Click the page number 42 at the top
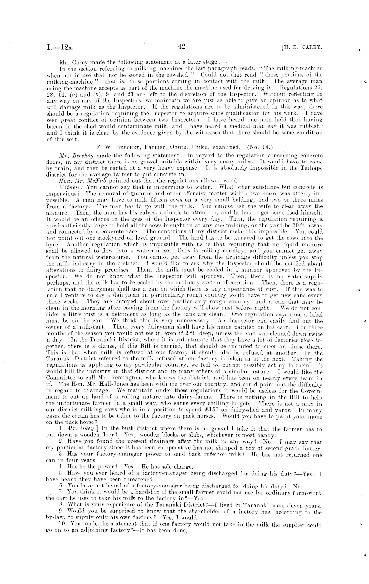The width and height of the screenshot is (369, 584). [181, 47]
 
